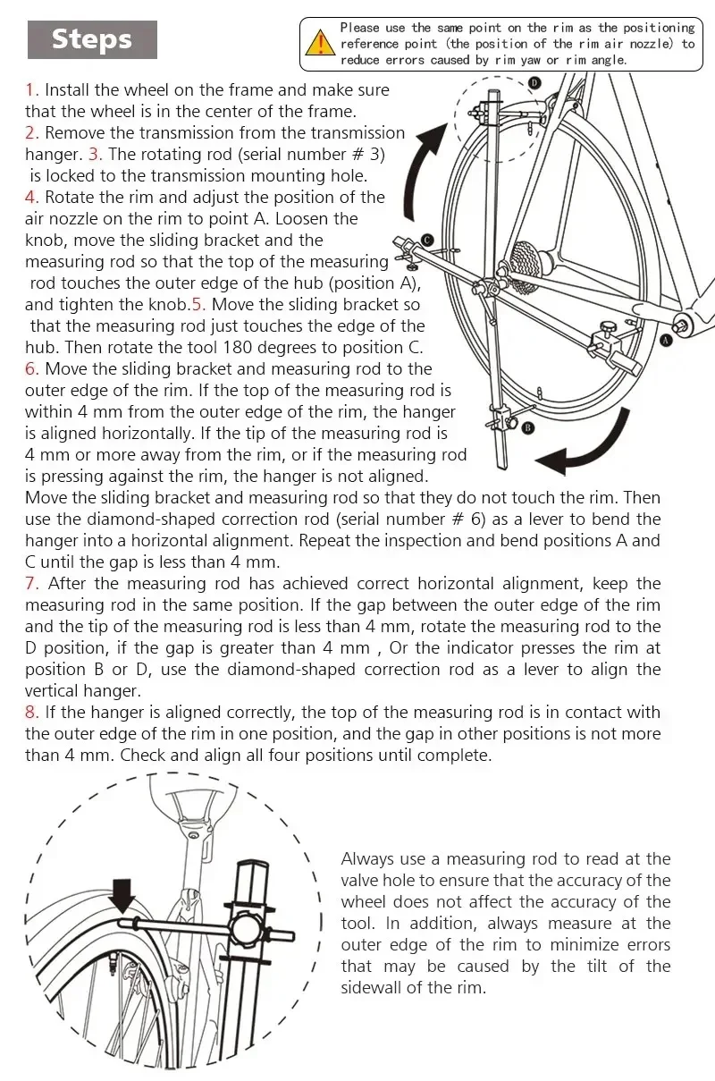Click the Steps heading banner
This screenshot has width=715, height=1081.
coord(92,39)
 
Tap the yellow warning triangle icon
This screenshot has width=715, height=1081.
coord(318,42)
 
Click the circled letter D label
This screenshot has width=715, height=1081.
coord(534,82)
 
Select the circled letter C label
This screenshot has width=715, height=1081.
coord(428,240)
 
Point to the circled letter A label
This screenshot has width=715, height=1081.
coord(666,341)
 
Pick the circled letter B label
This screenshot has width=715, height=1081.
coord(527,428)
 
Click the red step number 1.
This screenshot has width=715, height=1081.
coord(31,90)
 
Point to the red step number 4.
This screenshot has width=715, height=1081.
coord(31,198)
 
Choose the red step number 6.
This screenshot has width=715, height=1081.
coord(31,369)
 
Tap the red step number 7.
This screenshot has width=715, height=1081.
coord(31,584)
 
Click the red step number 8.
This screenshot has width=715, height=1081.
coord(31,713)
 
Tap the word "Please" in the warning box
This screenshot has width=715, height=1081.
coord(359,29)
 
